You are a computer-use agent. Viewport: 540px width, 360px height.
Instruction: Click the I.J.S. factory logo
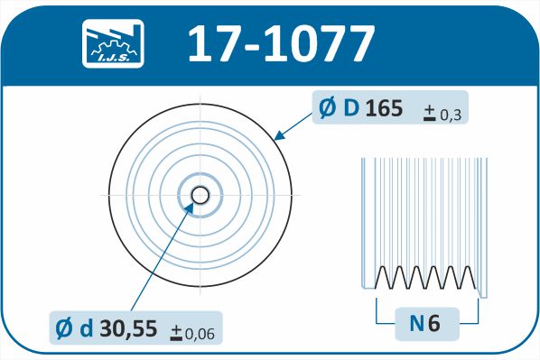point(113,43)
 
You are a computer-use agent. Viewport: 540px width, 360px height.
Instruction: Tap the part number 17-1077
point(281,43)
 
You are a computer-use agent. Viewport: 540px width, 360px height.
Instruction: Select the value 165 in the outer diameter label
point(384,108)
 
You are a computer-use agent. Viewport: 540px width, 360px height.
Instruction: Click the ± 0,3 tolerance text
point(442,114)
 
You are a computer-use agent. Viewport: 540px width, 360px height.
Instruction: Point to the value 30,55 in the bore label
point(128,328)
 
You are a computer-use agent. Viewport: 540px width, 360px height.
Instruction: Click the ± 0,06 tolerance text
point(192,333)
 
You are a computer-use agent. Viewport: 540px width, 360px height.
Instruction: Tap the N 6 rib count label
point(424,324)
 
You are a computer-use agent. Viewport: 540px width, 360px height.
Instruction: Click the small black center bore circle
point(200,196)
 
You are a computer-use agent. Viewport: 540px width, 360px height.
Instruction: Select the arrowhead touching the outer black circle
point(280,135)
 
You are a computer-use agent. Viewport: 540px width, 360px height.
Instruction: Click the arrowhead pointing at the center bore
point(189,208)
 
